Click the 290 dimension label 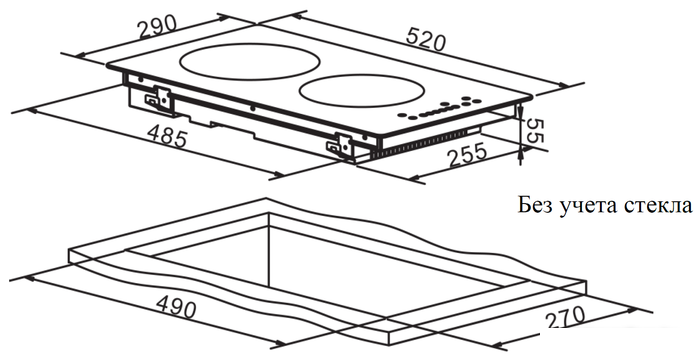click(158, 28)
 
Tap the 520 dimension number click(426, 39)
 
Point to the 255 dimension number click(467, 154)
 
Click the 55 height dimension click(533, 130)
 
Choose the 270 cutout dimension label click(564, 318)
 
